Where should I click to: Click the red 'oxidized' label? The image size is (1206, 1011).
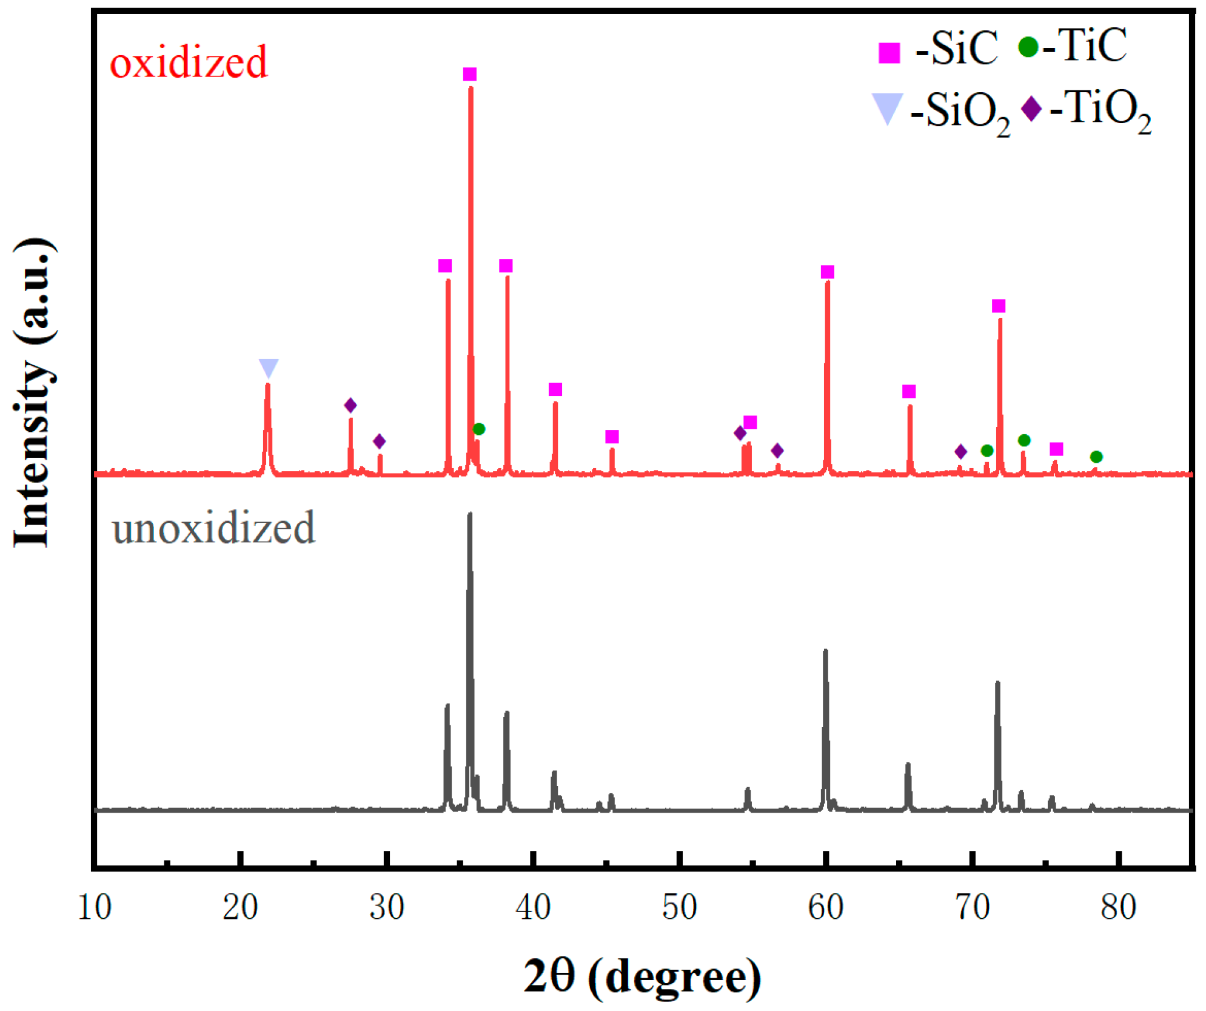pyautogui.click(x=188, y=62)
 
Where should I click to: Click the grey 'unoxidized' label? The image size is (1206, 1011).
pyautogui.click(x=213, y=528)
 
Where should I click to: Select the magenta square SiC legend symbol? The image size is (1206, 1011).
pyautogui.click(x=889, y=53)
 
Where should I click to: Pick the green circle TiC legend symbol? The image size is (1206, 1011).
pyautogui.click(x=1028, y=47)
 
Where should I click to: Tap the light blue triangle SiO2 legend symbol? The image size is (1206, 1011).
pyautogui.click(x=886, y=109)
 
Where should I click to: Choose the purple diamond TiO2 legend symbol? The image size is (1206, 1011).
pyautogui.click(x=1031, y=109)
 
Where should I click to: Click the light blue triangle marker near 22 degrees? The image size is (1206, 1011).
pyautogui.click(x=268, y=368)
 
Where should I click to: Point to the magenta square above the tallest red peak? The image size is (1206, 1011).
pyautogui.click(x=469, y=74)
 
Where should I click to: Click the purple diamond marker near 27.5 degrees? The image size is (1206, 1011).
pyautogui.click(x=350, y=405)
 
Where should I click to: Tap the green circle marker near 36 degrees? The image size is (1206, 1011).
pyautogui.click(x=478, y=429)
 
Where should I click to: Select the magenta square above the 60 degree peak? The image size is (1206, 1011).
pyautogui.click(x=827, y=272)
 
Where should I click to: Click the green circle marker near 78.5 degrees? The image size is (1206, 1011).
pyautogui.click(x=1096, y=457)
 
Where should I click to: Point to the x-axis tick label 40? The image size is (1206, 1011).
pyautogui.click(x=533, y=908)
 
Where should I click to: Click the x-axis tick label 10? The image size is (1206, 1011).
pyautogui.click(x=95, y=908)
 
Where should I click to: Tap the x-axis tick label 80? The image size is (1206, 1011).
pyautogui.click(x=1118, y=908)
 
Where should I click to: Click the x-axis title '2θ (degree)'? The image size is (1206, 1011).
pyautogui.click(x=642, y=976)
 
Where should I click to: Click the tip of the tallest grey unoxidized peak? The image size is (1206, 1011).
pyautogui.click(x=469, y=514)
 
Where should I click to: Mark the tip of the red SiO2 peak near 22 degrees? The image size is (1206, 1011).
pyautogui.click(x=267, y=385)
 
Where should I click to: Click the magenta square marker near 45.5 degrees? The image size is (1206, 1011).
pyautogui.click(x=612, y=437)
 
